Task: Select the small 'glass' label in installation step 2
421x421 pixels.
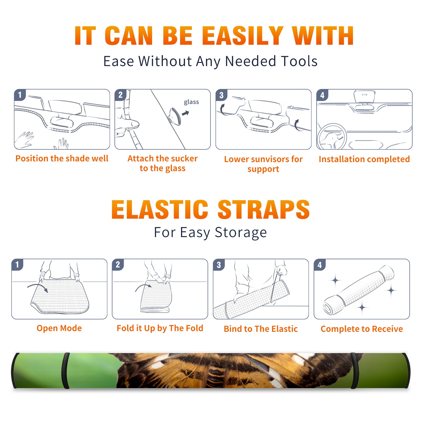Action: [x=191, y=102]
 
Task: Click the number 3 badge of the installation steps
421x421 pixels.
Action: [x=221, y=95]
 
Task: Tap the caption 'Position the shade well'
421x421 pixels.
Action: [x=62, y=158]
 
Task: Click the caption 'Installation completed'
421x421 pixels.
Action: [x=364, y=159]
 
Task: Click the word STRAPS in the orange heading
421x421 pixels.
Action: [x=264, y=209]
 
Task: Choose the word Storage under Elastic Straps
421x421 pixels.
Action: [x=241, y=232]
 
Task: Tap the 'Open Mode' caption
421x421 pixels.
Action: [x=59, y=328]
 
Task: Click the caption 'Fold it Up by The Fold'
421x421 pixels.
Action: [x=160, y=328]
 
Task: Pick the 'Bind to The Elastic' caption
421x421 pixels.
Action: [x=261, y=329]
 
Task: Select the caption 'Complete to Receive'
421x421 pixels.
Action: [x=362, y=329]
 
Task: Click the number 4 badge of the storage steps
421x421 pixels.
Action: [x=320, y=265]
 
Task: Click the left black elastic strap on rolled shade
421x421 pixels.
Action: [x=66, y=371]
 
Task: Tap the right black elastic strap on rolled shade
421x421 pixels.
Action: [x=354, y=371]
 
